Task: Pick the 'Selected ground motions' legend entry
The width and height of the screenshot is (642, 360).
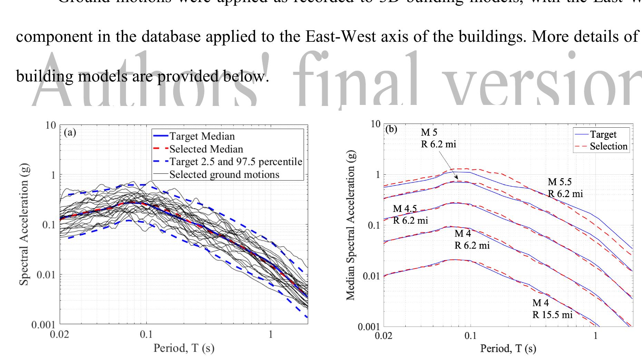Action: (224, 174)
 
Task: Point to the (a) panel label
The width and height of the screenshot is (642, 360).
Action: (70, 133)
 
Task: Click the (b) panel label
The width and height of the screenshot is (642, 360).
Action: (391, 129)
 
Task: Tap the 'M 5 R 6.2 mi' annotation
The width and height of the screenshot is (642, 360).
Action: (438, 138)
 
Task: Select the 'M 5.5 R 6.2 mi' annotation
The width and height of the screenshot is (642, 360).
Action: (565, 188)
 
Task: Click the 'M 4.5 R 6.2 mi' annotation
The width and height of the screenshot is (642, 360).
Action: (410, 214)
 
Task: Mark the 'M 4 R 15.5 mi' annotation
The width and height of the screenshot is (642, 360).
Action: (552, 309)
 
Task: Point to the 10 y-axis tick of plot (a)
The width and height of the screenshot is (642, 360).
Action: (51, 125)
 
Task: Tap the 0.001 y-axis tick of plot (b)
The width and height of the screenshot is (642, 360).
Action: (369, 327)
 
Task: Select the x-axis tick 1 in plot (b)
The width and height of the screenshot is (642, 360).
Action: (595, 336)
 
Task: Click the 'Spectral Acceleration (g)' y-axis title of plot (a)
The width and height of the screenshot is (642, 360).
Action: (24, 224)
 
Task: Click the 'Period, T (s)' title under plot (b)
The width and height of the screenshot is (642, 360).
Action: (508, 349)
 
